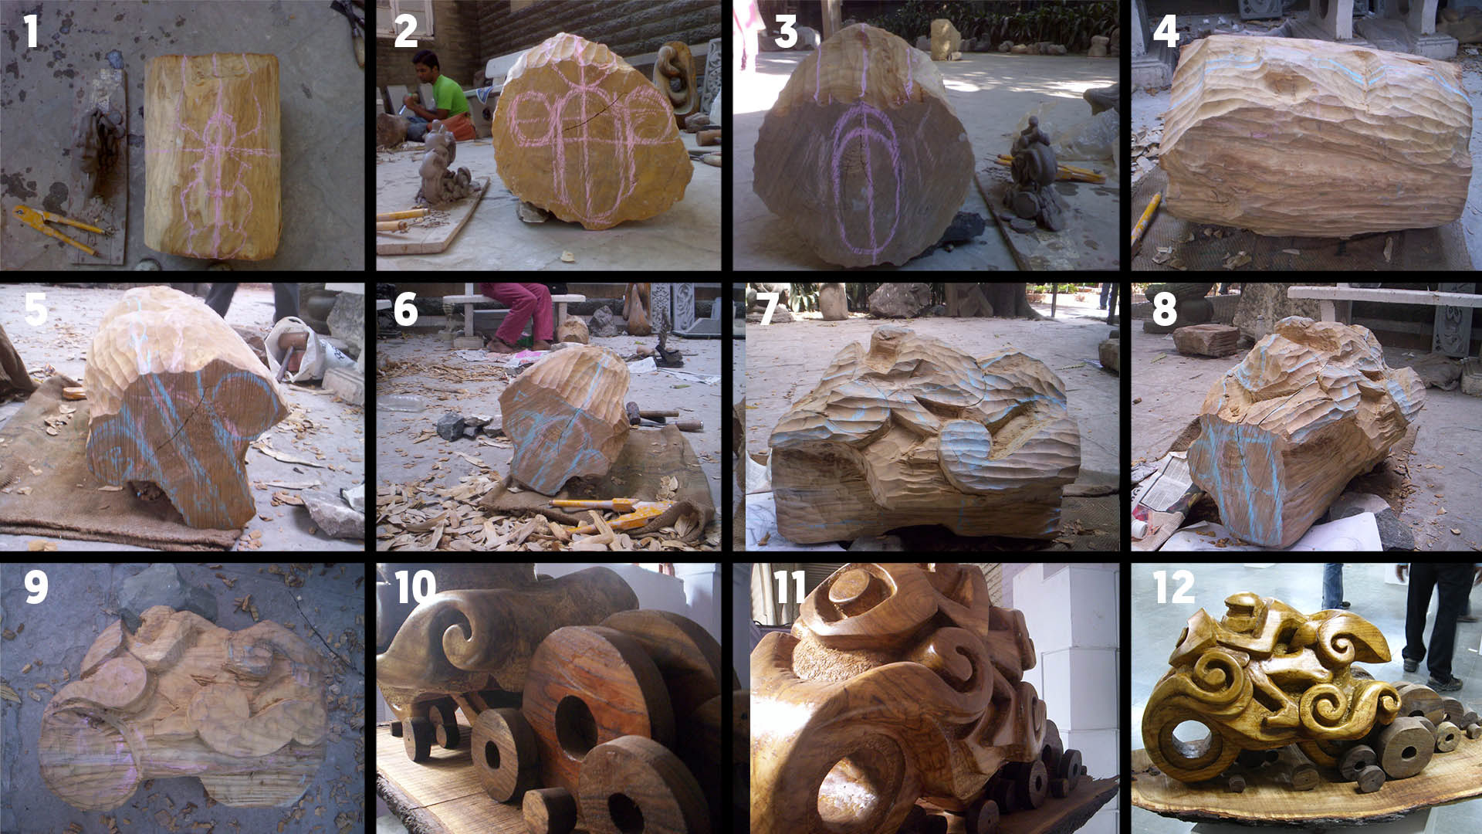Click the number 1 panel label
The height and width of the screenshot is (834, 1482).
point(31,31)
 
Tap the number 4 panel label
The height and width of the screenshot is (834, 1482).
point(1166,31)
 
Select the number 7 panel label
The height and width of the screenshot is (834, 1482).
point(768,309)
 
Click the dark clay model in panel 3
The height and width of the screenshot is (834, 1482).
point(1034,178)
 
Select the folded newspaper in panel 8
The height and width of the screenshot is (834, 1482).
point(1162,494)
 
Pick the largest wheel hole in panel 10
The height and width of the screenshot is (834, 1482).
point(576,726)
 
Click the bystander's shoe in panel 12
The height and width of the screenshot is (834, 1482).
point(1444,683)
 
